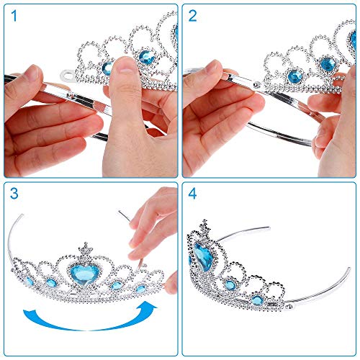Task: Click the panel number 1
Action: [x=14, y=17]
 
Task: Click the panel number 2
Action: [x=193, y=17]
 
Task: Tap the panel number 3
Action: [x=14, y=194]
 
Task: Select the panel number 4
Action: [x=192, y=194]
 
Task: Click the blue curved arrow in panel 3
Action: [x=89, y=323]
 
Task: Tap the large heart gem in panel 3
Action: [x=83, y=274]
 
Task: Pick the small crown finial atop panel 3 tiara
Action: [x=86, y=248]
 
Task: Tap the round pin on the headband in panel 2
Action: [x=257, y=84]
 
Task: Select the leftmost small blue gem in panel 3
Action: [x=30, y=281]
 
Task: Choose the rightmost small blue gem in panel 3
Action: [x=140, y=289]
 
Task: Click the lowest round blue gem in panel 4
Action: [x=258, y=300]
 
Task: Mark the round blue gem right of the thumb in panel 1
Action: [x=147, y=57]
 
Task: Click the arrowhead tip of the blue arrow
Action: [x=157, y=307]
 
